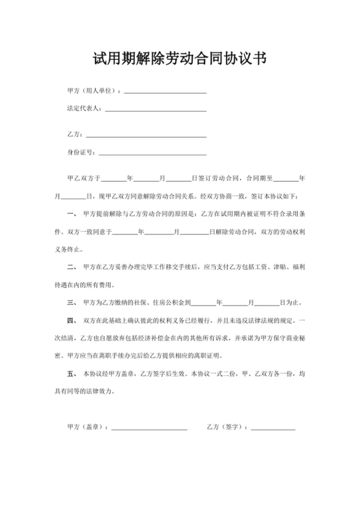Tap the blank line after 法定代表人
[x=155, y=109]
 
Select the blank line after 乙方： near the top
[x=146, y=135]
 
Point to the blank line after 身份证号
[x=152, y=154]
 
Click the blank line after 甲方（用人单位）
[x=165, y=92]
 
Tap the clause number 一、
[x=71, y=214]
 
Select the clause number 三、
[x=71, y=303]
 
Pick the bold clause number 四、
[x=71, y=320]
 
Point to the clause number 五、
[x=71, y=374]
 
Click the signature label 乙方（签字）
[x=225, y=428]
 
